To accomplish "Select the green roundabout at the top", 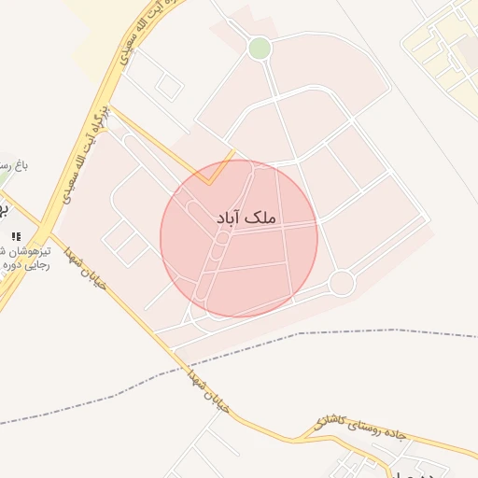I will (x=260, y=48).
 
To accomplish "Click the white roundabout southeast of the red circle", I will (x=342, y=282).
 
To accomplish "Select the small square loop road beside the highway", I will (x=168, y=87).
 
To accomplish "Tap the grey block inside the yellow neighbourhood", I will (x=466, y=56).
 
